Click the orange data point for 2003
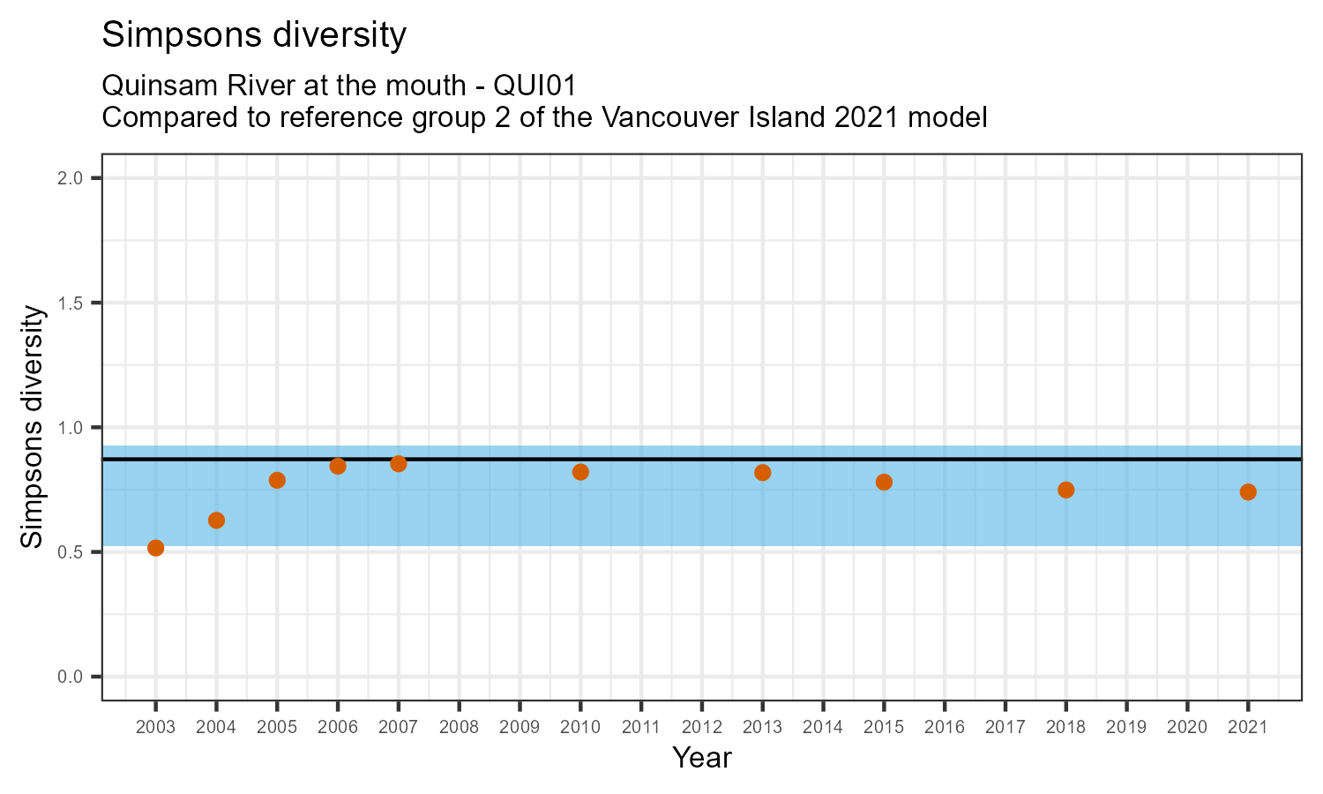coord(156,548)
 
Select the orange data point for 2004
coord(216,521)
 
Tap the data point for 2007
coord(399,464)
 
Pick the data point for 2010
coord(580,472)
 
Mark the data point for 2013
coord(763,473)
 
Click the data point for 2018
coord(1065,491)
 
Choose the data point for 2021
coord(1248,492)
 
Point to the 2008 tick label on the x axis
coord(459,728)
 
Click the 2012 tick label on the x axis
coord(702,728)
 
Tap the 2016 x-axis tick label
coord(945,728)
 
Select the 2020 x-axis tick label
coord(1187,728)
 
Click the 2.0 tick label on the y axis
coord(71,179)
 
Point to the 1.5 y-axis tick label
coord(71,303)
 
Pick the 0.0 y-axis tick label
coord(71,677)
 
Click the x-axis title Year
coord(702,758)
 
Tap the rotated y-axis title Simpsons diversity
coord(33,427)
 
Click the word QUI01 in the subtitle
coord(535,86)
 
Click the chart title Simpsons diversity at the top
coord(255,36)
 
